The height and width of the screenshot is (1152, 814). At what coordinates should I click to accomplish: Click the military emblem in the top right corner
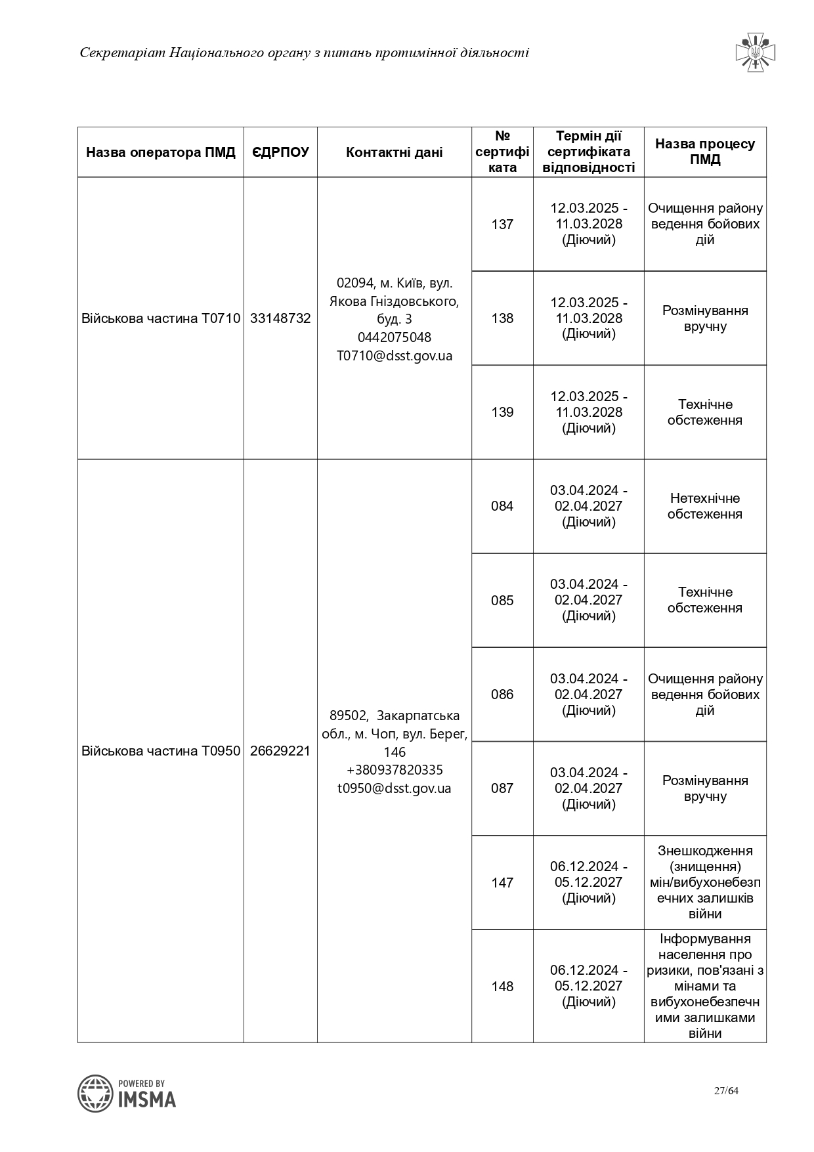coord(755,53)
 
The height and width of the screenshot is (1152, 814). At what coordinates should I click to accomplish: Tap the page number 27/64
coord(726,1091)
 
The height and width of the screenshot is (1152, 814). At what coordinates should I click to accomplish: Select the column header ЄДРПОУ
coord(280,152)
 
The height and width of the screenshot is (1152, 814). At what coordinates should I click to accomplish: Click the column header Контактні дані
coord(394,152)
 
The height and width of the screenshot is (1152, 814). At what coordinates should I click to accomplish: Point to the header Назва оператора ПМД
coord(161,152)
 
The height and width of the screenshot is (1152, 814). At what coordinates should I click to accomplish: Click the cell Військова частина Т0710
coord(161,318)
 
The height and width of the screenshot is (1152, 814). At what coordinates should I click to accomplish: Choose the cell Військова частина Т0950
coord(161,751)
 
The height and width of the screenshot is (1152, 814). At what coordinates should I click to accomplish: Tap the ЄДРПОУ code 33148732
coord(280,318)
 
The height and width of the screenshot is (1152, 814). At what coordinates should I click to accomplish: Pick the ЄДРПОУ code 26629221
coord(280,751)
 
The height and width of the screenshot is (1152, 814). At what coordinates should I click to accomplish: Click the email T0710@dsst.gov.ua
coord(395,356)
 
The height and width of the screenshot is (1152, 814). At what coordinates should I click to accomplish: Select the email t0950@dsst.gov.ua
coord(395,788)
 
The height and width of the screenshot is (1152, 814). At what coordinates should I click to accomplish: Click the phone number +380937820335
coord(395,770)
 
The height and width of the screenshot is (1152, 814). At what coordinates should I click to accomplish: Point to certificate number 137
coord(502,224)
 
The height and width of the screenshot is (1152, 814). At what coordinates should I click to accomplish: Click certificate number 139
coord(502,412)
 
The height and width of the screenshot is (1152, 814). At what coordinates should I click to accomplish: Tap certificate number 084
coord(502,506)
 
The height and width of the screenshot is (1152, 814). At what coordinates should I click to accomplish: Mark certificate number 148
coord(502,987)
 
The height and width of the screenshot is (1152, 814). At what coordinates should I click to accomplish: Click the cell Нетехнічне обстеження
coord(705,506)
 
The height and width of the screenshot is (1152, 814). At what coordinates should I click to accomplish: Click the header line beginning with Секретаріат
coord(304,53)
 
